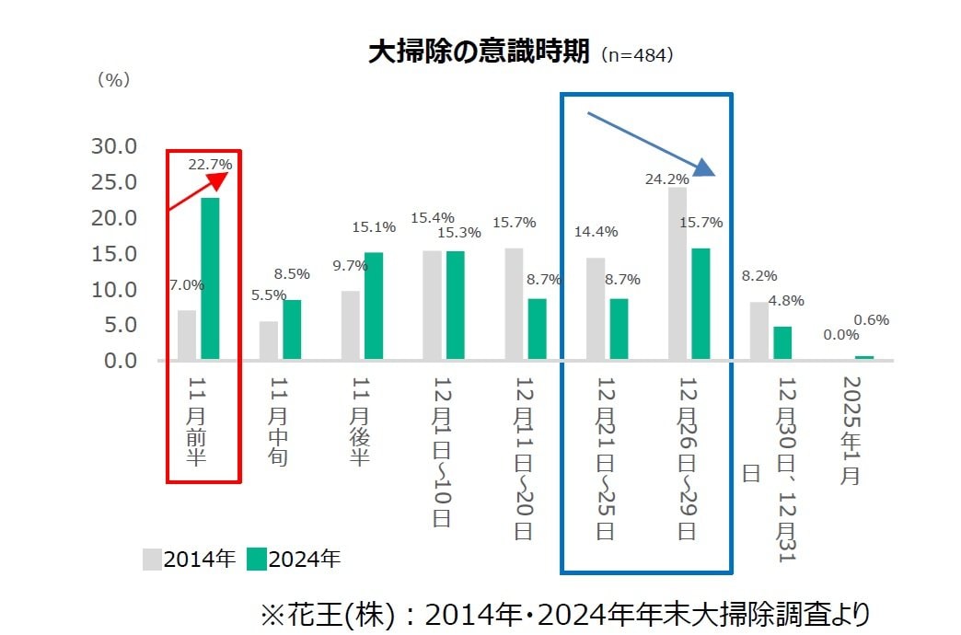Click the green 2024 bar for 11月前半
coord(210,278)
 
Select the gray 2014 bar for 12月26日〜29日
coord(677,273)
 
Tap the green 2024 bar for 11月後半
coord(373,306)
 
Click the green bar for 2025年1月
coord(863,357)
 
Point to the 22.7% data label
coord(210,165)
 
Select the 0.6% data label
coord(871,320)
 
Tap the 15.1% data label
coord(374,226)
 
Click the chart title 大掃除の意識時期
coord(478,52)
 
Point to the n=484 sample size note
coord(638,55)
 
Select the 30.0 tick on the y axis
coord(114,146)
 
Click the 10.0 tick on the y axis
coord(114,289)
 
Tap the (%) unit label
coord(113,80)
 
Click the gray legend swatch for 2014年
coord(152,559)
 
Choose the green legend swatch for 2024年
coord(257,559)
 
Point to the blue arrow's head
coord(704,167)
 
